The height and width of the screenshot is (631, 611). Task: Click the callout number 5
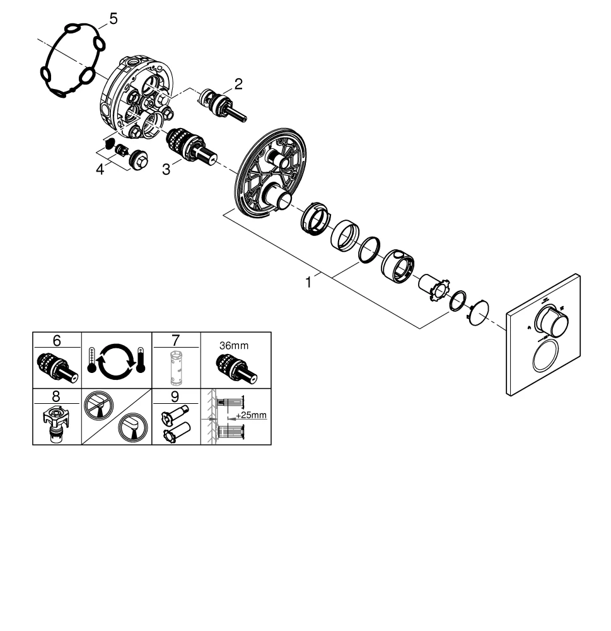click(113, 19)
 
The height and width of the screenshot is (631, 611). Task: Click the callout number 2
click(238, 85)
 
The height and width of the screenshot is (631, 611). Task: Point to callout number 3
click(165, 170)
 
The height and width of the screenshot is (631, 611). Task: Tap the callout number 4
click(100, 170)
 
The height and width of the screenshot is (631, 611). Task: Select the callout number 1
click(308, 283)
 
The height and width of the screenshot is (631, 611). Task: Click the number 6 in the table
click(57, 340)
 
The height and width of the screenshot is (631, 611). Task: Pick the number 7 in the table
click(176, 340)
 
